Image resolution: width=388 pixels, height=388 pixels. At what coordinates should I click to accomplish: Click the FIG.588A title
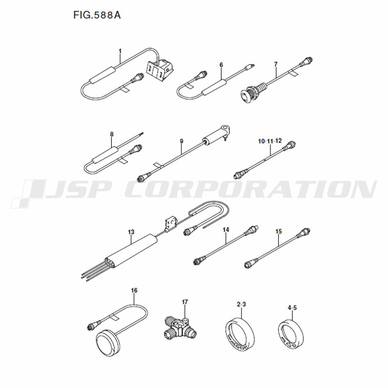tap(97, 15)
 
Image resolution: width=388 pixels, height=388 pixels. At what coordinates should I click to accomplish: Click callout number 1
tap(120, 51)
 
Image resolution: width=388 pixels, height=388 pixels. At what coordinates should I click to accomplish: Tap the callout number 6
tap(221, 65)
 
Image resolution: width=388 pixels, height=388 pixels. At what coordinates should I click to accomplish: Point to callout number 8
tap(112, 134)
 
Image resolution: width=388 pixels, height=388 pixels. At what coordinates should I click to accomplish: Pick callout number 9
tap(181, 141)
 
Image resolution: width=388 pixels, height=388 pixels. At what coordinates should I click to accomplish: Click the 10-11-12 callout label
tap(270, 141)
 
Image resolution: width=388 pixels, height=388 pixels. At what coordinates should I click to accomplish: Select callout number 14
tap(226, 230)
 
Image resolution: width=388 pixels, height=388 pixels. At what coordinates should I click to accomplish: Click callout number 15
tap(278, 232)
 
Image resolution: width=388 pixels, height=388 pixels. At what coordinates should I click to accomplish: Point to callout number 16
tap(134, 290)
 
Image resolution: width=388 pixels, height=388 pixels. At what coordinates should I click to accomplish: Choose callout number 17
tap(185, 302)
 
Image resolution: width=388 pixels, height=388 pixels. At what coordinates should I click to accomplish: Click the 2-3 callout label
tap(241, 304)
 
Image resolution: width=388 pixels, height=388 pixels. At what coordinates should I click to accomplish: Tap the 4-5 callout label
tap(292, 308)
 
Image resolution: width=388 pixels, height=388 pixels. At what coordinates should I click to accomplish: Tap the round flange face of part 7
tap(247, 95)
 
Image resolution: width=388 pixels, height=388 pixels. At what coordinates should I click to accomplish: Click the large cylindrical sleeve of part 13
tap(131, 252)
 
